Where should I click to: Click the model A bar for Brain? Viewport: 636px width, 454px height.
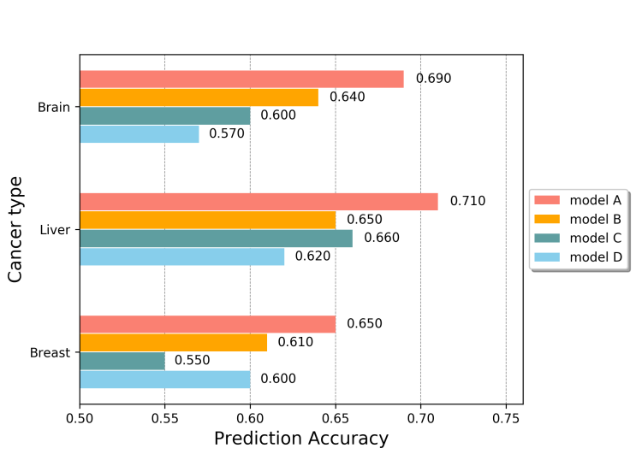click(241, 80)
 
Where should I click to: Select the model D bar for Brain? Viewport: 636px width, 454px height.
click(140, 134)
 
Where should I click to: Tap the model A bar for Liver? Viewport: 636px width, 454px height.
click(259, 202)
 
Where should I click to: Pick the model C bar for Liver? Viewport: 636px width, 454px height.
click(216, 239)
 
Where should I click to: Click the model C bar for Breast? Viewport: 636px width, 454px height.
click(122, 361)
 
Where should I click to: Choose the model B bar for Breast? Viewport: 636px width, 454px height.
click(173, 343)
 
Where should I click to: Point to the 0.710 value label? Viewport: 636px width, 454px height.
click(467, 202)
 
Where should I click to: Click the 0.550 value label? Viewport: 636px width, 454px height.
click(193, 361)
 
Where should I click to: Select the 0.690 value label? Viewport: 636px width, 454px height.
click(433, 79)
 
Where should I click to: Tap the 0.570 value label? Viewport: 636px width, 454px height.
click(227, 134)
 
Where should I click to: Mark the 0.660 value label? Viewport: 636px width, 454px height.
click(382, 239)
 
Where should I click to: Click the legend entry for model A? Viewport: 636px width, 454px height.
click(580, 200)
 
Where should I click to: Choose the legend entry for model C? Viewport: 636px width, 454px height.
click(580, 238)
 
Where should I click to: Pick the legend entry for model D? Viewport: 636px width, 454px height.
click(580, 256)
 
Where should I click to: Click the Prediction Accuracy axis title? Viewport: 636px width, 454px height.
click(300, 439)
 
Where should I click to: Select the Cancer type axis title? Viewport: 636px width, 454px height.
click(15, 229)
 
